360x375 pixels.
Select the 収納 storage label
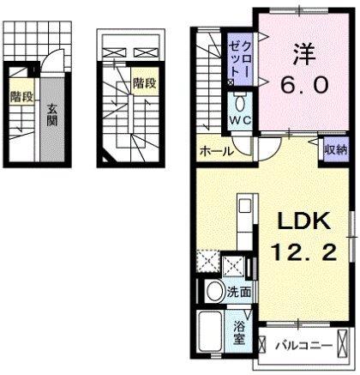tap(334, 148)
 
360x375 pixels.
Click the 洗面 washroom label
tap(239, 293)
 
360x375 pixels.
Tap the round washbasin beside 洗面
tap(214, 292)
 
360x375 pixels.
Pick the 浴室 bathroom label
tap(240, 331)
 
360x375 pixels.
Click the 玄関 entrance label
tap(51, 115)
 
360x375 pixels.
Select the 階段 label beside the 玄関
tap(21, 97)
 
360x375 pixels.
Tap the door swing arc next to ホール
tap(247, 146)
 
